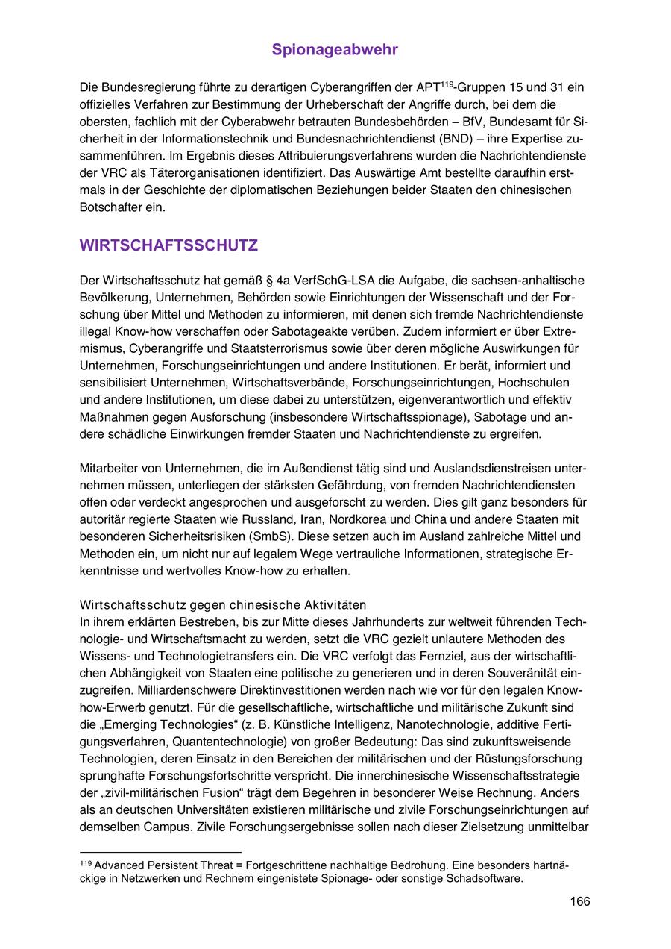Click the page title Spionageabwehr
(335, 50)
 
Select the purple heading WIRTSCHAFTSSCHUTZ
(168, 245)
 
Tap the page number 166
(580, 901)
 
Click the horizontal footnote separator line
(160, 851)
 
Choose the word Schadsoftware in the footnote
(485, 878)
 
